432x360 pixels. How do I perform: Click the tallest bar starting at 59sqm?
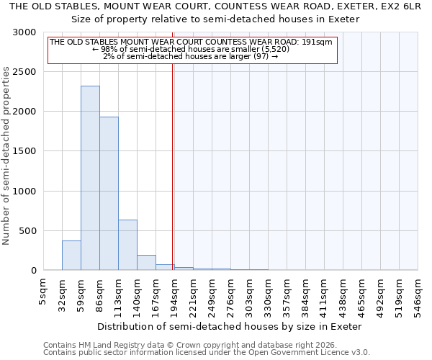tap(90, 178)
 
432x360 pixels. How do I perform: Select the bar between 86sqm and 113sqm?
tap(109, 193)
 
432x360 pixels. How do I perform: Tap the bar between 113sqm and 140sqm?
tap(127, 245)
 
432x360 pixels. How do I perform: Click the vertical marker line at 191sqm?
tap(173, 166)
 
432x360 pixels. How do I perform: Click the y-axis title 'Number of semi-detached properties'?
tap(6, 156)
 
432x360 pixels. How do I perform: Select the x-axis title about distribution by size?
tap(228, 326)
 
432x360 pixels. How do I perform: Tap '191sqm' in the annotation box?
tap(317, 42)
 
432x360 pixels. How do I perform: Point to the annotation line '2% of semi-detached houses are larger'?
tap(190, 56)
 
